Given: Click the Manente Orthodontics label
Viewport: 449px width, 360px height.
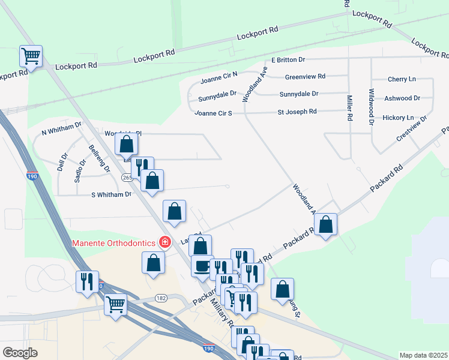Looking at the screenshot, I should click(x=115, y=243).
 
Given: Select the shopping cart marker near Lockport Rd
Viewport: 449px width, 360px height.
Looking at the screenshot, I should click(x=31, y=56).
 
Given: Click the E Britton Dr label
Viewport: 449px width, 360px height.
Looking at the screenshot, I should click(x=288, y=60).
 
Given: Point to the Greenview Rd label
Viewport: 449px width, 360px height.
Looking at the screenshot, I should click(x=305, y=77).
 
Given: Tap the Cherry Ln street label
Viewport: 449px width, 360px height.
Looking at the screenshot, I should click(x=402, y=79).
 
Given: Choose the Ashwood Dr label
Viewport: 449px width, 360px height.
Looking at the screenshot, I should click(x=402, y=98).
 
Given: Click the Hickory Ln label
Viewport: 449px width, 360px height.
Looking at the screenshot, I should click(x=397, y=118).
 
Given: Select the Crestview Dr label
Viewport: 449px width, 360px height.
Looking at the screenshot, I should click(x=411, y=128).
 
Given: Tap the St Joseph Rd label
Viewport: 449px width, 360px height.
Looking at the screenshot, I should click(x=297, y=112).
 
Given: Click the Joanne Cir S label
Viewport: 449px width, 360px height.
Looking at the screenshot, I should click(x=213, y=113).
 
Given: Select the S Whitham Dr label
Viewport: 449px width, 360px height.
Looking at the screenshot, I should click(x=111, y=194).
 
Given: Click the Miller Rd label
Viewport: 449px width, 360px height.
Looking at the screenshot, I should click(x=349, y=108).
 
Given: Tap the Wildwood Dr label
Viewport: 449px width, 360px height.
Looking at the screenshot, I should click(x=372, y=107).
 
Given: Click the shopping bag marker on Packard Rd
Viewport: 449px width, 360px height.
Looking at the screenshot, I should click(x=325, y=225).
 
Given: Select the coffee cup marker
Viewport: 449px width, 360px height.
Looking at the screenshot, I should click(x=202, y=265).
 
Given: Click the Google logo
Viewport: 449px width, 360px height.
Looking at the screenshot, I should click(x=20, y=353).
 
